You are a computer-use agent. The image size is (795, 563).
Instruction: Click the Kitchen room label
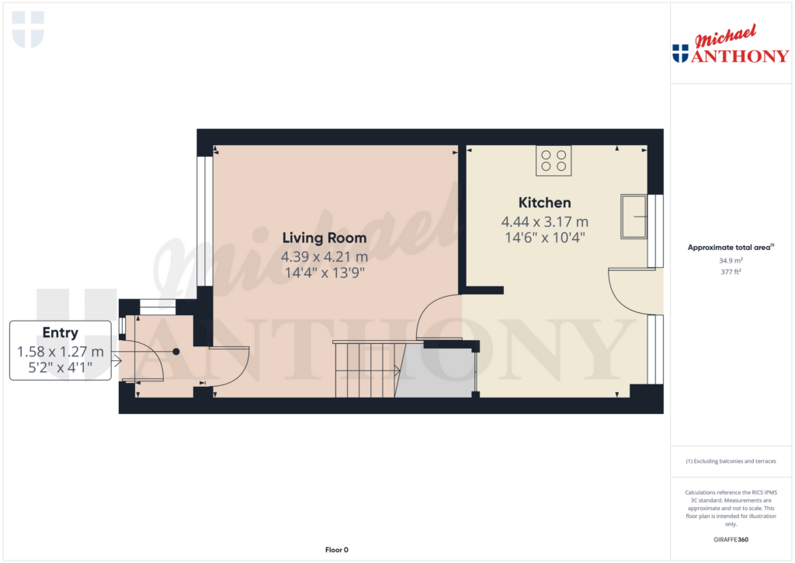point(544,203)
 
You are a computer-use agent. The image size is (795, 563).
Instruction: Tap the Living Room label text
point(325,238)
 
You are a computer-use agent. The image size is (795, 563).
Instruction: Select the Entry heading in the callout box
point(61,332)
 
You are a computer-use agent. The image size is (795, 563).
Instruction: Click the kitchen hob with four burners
point(554,161)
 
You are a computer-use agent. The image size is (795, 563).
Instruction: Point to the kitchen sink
point(634,217)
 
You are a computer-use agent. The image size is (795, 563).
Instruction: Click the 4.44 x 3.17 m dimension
point(544,221)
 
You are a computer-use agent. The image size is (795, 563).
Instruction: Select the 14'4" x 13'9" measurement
point(325,273)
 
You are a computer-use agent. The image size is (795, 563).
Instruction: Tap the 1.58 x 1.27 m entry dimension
point(61,352)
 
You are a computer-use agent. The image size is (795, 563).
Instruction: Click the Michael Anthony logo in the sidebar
point(731,44)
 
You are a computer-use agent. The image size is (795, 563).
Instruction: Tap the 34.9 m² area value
point(731,261)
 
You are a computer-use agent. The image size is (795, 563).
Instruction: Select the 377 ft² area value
point(731,272)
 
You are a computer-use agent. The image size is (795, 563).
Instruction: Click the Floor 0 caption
point(337,550)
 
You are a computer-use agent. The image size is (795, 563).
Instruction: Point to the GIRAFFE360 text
point(731,540)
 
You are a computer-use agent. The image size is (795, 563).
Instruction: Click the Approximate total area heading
point(731,248)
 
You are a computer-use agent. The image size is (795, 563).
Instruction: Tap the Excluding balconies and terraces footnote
point(731,461)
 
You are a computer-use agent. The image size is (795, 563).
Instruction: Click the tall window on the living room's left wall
point(205,221)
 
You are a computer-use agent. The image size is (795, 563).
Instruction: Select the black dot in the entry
point(176,352)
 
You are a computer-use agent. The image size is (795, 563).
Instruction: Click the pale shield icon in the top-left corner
point(28,30)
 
